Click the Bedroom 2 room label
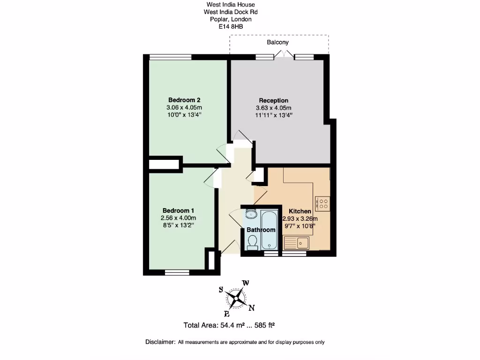pos(184,100)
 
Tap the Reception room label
pos(273,100)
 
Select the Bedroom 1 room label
pos(178,210)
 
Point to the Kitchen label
pos(300,211)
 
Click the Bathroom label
pos(261,230)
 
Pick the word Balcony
pos(277,42)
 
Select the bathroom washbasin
pos(250,215)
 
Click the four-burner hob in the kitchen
pos(323,202)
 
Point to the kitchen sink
pos(296,243)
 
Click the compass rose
pos(236,298)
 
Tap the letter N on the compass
pos(251,308)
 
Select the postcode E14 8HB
pos(231,27)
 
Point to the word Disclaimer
pos(160,342)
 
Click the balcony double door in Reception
pos(284,55)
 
